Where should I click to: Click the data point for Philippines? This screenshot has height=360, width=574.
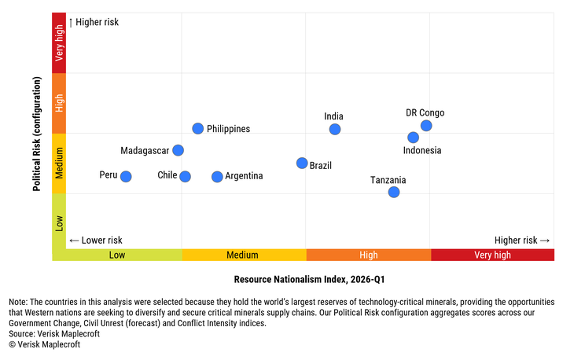coord(198,129)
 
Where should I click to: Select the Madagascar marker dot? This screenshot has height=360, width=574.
coord(178,150)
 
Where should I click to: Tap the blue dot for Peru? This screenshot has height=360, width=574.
coord(126,176)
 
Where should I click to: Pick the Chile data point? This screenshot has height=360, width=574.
coord(185,176)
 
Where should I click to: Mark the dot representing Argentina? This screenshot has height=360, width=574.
coord(217,176)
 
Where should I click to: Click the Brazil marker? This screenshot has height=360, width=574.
coord(302,163)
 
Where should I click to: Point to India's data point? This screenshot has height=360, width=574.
coord(335,129)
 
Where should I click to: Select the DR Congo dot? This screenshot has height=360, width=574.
coord(426,126)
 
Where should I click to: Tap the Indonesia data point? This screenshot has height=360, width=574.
coord(414,138)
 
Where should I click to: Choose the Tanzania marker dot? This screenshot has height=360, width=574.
coord(394,192)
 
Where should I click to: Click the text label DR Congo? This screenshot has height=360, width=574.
coord(425,113)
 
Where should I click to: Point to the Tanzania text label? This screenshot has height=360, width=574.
coord(388,180)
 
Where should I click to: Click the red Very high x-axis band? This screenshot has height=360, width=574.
coord(492,255)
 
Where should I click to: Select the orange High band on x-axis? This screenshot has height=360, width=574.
coord(368,255)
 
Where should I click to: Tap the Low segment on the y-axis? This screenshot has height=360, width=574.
coord(59,223)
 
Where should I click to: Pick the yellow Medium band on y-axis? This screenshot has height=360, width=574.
coord(59,163)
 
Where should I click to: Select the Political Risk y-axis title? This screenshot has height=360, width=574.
coord(37,134)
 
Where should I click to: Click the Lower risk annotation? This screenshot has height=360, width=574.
coord(96,241)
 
